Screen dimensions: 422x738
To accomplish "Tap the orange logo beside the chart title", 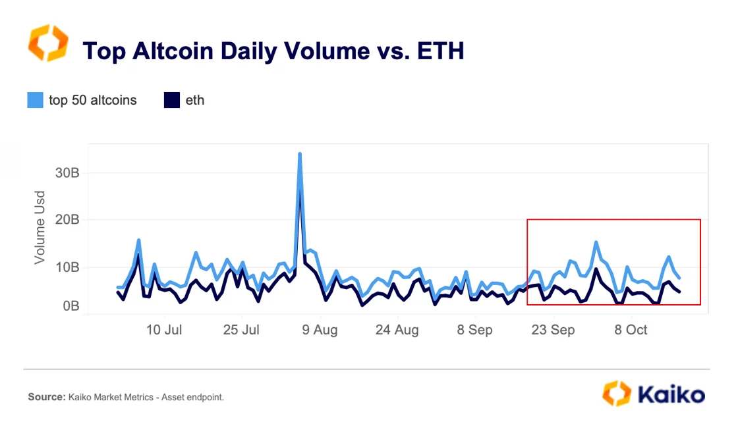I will coord(47,43).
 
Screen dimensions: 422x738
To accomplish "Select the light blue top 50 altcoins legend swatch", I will coord(35,100).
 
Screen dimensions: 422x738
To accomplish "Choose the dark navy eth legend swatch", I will coord(171,100).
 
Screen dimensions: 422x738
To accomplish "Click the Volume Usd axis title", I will coord(40,227).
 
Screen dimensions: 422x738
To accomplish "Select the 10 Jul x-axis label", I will coord(163,330).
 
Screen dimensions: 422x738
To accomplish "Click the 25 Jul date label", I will coord(241,330).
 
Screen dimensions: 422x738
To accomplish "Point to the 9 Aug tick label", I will coord(320,330).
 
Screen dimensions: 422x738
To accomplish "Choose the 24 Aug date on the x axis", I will coord(397,330).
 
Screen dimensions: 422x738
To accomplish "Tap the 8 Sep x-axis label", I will coord(474,330).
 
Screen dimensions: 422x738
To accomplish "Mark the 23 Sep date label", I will coord(552,330).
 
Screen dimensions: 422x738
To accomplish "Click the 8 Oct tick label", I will coord(631,330).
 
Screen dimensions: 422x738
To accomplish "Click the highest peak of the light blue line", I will coord(300,154).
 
